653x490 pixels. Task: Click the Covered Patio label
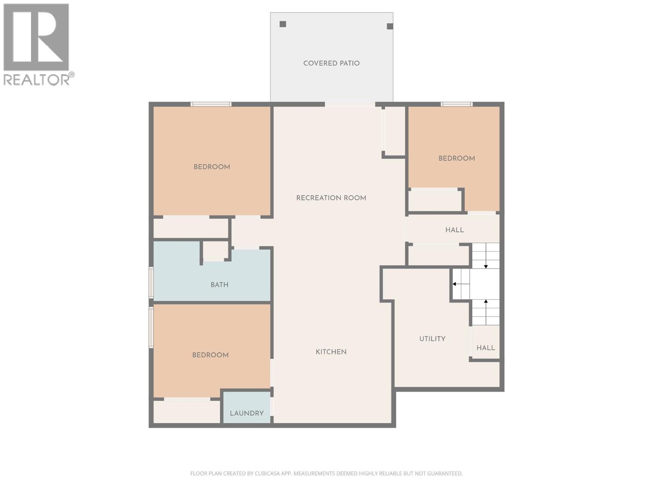tap(331, 63)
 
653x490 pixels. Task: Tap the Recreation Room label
tap(331, 198)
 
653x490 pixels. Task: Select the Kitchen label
tap(331, 352)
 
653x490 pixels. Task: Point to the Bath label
tap(219, 285)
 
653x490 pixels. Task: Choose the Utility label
tap(432, 339)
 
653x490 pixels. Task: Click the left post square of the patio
tap(283, 24)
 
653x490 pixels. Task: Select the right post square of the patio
tap(390, 26)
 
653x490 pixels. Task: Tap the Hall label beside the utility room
tap(486, 348)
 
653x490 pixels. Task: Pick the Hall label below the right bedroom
tap(454, 230)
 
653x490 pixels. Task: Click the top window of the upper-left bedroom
tap(211, 105)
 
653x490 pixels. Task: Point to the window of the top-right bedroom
tap(457, 105)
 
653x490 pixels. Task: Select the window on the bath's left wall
tap(151, 282)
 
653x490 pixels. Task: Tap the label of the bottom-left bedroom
tap(210, 355)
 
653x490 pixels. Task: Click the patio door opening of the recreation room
tap(350, 105)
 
